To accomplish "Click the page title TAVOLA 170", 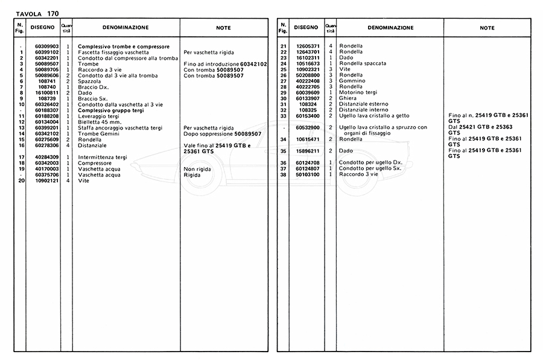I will tap(37, 13).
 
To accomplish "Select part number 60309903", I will tap(46, 46).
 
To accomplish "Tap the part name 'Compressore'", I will tap(95, 163).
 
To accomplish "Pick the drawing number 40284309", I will tap(46, 157).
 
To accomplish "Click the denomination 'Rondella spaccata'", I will tap(363, 63).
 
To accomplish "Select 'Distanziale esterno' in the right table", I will tap(364, 104).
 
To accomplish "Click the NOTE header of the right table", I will tap(487, 28).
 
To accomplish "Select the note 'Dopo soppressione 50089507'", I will tap(226, 133).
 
